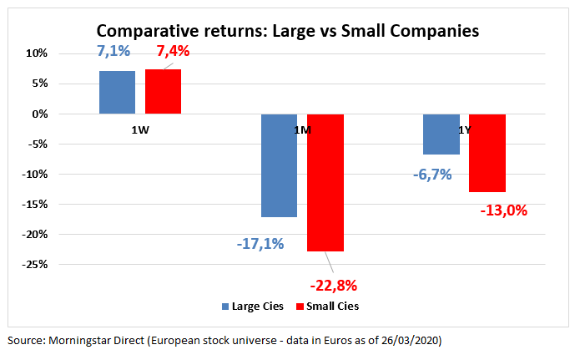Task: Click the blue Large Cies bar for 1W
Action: point(117,92)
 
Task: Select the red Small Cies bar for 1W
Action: point(163,91)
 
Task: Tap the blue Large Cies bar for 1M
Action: point(279,165)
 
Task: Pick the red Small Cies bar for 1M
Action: point(325,182)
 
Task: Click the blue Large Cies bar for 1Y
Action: point(441,134)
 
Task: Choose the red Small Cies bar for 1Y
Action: point(487,153)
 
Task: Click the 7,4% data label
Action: point(173,51)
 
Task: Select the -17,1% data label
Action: point(260,244)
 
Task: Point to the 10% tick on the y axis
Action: point(61,53)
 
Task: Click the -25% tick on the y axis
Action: point(58,265)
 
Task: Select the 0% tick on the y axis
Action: point(63,114)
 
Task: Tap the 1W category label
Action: point(140,131)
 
